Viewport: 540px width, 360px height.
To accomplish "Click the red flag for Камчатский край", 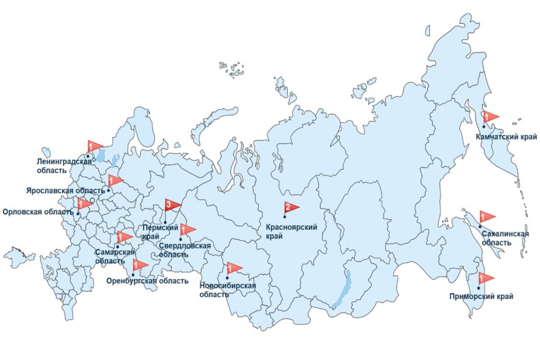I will click(x=490, y=117).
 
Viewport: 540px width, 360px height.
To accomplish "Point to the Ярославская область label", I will click(x=64, y=191).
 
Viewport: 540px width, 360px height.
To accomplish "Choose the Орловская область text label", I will click(x=38, y=212).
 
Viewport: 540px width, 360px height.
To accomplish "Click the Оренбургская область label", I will click(x=147, y=281).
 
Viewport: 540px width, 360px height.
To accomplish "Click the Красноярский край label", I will click(x=291, y=232).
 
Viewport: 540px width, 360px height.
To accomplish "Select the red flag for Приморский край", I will click(x=486, y=278).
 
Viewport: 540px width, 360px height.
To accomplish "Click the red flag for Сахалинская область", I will click(x=486, y=216).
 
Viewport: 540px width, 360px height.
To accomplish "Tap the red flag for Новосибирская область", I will click(x=234, y=268).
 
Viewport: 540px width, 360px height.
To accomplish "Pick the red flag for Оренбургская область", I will click(x=140, y=265).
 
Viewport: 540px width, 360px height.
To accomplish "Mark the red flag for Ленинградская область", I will click(x=94, y=146).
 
